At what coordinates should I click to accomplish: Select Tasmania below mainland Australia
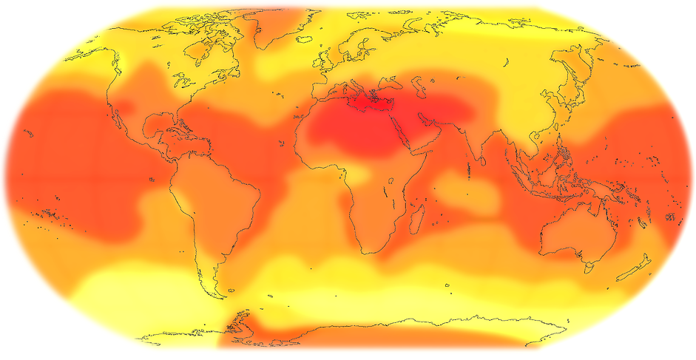589,264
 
